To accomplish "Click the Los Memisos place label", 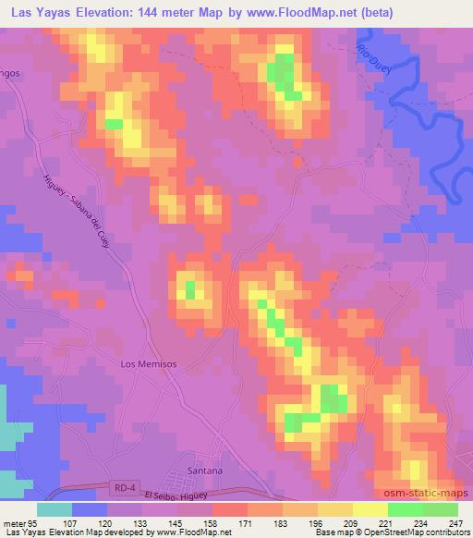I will [x=149, y=364].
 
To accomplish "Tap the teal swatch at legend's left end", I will [x=54, y=509].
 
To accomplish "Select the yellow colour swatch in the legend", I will [x=370, y=509].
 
